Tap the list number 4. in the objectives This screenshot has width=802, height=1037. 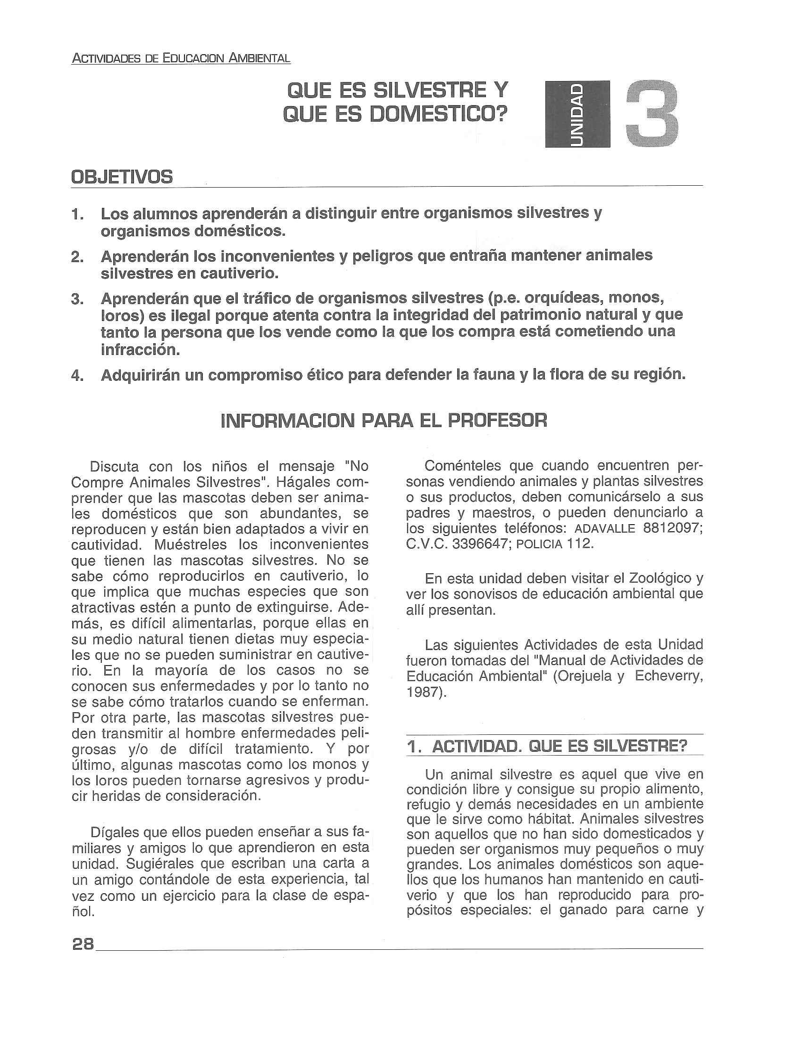point(78,376)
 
